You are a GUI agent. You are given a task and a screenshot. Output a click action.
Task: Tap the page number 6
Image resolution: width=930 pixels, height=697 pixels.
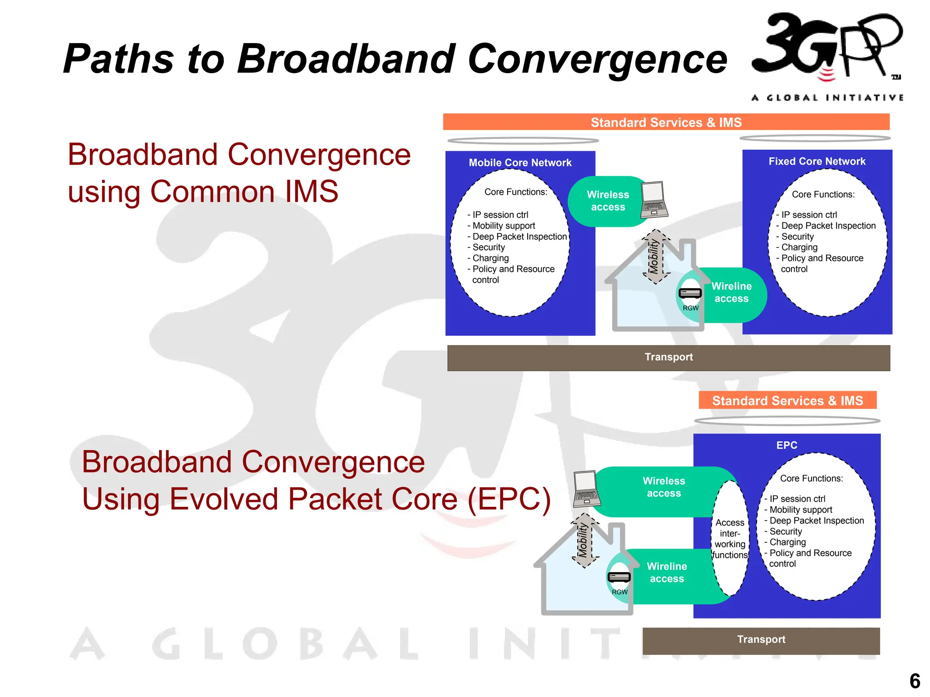click(915, 681)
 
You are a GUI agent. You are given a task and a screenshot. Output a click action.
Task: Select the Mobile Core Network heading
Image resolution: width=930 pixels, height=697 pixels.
click(520, 162)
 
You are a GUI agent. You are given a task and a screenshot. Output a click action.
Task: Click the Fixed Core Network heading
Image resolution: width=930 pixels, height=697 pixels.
click(816, 161)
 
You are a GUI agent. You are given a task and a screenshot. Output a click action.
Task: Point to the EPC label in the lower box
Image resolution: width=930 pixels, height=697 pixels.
click(787, 445)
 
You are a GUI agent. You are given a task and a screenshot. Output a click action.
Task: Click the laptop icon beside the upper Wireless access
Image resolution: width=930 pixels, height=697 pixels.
click(654, 200)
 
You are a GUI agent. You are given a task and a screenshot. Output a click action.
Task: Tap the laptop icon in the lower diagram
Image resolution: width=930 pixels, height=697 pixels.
click(586, 489)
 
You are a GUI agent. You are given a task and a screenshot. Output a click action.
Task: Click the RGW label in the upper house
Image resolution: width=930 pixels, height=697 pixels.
click(690, 308)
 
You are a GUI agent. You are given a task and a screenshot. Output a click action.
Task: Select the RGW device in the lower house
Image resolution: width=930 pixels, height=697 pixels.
click(619, 577)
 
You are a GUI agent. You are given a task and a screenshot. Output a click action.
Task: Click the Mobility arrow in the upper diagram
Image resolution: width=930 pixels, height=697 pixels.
click(654, 257)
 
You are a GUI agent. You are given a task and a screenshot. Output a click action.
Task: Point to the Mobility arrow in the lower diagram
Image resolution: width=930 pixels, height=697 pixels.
click(584, 540)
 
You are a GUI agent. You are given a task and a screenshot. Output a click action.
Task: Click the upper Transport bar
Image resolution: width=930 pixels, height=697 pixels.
click(668, 358)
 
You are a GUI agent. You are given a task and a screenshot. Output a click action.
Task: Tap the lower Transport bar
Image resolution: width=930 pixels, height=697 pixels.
click(761, 640)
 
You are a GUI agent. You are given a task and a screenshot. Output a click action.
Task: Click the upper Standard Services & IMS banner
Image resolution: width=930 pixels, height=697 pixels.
click(666, 123)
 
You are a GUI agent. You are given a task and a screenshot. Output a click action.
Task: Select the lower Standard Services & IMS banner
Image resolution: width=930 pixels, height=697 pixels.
click(787, 401)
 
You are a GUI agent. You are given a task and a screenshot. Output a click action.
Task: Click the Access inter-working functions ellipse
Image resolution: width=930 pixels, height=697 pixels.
click(730, 539)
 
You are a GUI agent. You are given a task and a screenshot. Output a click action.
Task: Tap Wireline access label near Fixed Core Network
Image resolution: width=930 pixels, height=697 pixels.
click(731, 293)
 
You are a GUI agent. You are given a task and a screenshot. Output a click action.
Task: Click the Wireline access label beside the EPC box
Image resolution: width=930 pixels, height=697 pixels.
click(667, 573)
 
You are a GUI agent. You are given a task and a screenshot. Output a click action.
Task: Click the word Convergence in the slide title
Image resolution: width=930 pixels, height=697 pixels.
click(597, 59)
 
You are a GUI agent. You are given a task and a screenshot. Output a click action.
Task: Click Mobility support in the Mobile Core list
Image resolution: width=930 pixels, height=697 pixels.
click(504, 226)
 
